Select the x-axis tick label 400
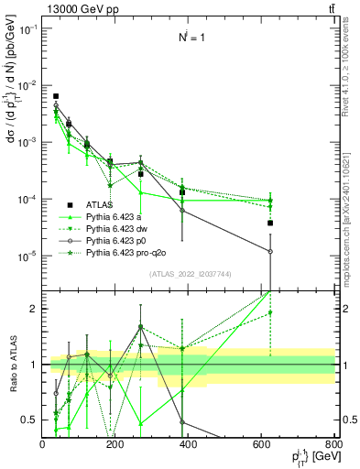pyautogui.click(x=188, y=443)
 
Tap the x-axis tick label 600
pyautogui.click(x=261, y=443)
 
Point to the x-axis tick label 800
pyautogui.click(x=333, y=443)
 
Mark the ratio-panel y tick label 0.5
pyautogui.click(x=27, y=420)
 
